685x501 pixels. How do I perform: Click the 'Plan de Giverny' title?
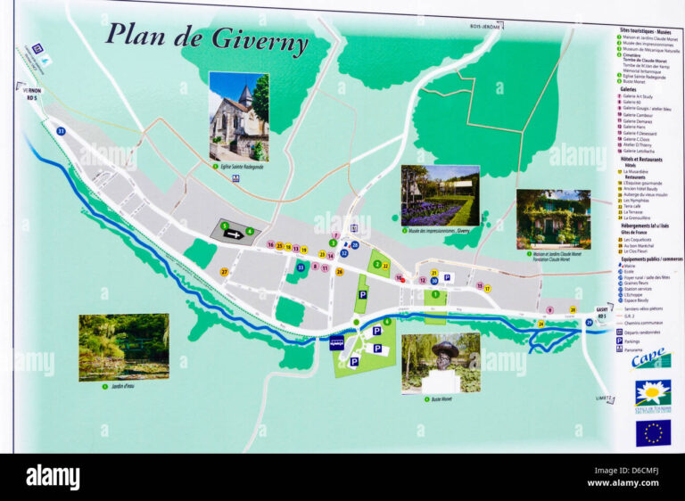point(207,38)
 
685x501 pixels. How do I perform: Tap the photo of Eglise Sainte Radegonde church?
point(238,116)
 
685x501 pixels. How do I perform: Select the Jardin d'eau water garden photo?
point(123,347)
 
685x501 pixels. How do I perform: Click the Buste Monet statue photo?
point(441,363)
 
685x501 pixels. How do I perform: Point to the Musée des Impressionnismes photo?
point(440,195)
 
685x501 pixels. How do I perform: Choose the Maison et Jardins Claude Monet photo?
point(553,218)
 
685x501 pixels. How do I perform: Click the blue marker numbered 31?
point(61,131)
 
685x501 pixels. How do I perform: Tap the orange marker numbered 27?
point(224,272)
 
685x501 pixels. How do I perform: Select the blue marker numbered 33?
point(301,267)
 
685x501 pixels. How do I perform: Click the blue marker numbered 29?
point(589,323)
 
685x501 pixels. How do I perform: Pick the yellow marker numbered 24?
point(541,324)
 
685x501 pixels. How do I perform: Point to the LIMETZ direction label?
point(604,399)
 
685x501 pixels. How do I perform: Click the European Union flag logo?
point(653,433)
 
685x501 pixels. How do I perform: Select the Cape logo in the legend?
point(651,358)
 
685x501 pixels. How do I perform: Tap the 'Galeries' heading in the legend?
point(629,89)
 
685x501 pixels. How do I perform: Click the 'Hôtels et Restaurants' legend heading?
point(639,160)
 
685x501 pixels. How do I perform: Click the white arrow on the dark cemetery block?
point(234,234)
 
